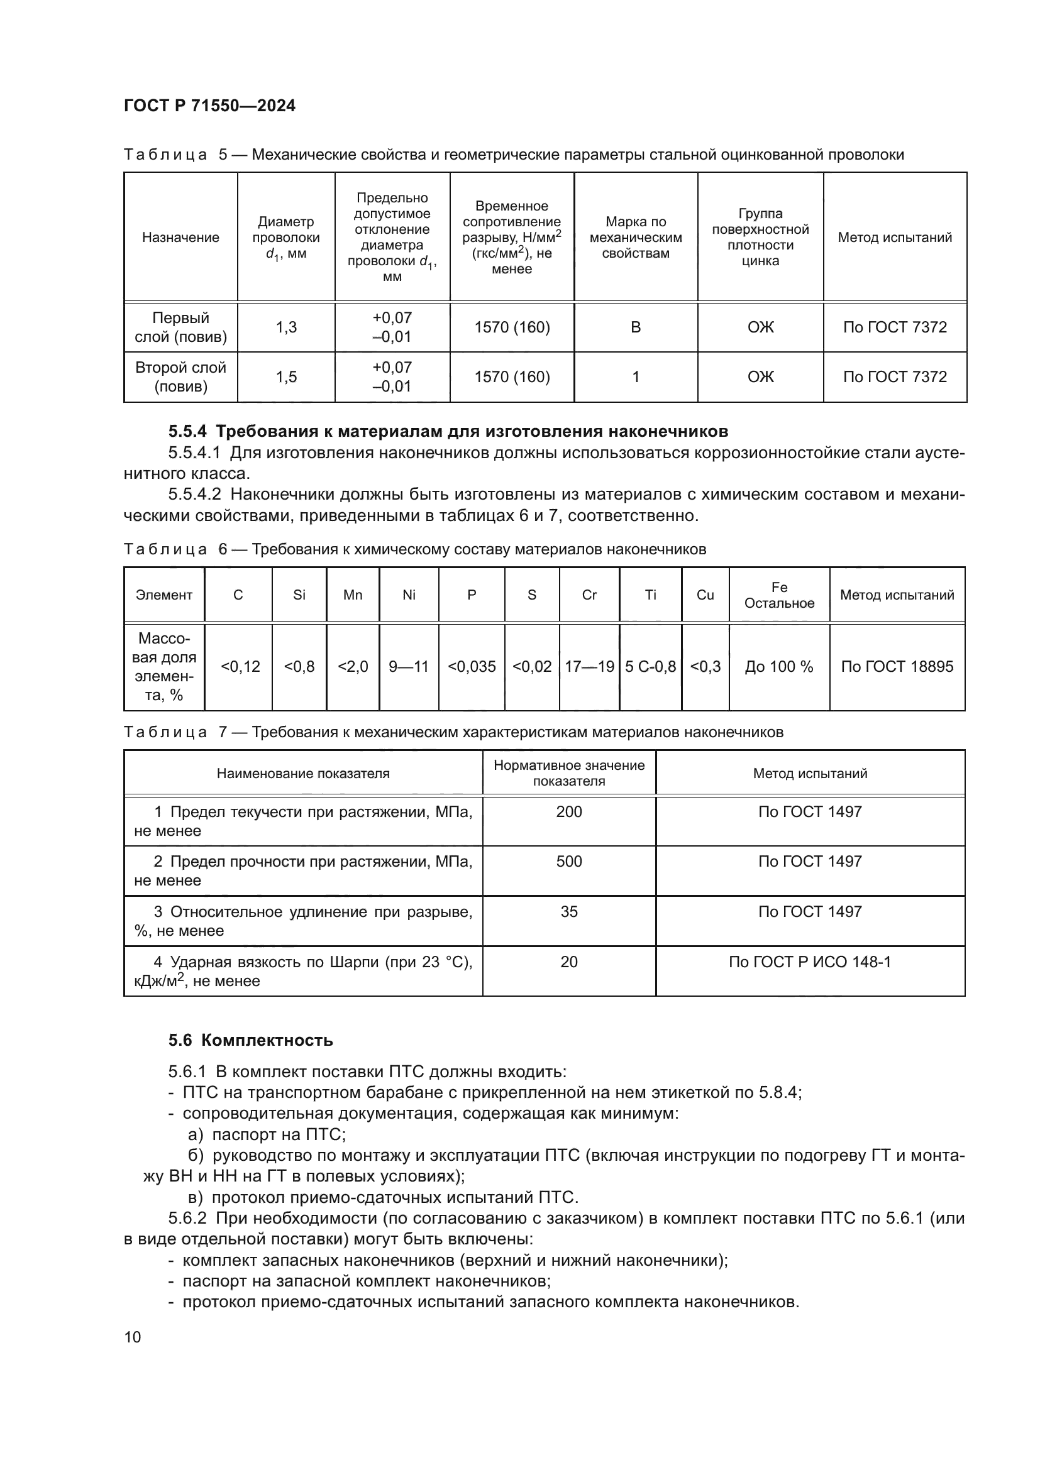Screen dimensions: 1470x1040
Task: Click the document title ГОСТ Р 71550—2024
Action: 209,106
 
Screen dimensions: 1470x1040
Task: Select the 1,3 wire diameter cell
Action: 286,327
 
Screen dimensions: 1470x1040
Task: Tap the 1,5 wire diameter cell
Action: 286,376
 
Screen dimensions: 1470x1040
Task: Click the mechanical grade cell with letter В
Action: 635,327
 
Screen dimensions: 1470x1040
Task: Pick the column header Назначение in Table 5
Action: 180,238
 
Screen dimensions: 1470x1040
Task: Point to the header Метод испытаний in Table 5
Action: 895,238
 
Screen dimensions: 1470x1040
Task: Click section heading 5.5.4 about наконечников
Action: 448,431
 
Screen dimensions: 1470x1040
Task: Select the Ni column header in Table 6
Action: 409,595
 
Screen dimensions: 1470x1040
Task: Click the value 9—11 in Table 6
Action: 409,666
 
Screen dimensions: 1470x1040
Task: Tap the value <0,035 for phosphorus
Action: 472,666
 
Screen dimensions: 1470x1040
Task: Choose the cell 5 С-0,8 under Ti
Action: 650,666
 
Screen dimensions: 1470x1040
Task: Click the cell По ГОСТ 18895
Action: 897,666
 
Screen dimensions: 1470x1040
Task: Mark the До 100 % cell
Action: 778,666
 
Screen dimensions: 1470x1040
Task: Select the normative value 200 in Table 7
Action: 568,812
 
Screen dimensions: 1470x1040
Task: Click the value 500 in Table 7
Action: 568,861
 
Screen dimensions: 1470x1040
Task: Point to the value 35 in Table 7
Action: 568,912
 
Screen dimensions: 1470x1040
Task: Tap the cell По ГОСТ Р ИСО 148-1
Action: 809,962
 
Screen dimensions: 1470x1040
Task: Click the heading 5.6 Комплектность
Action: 250,1040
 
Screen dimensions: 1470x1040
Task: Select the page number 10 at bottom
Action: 133,1337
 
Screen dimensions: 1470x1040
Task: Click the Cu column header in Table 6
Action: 704,595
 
